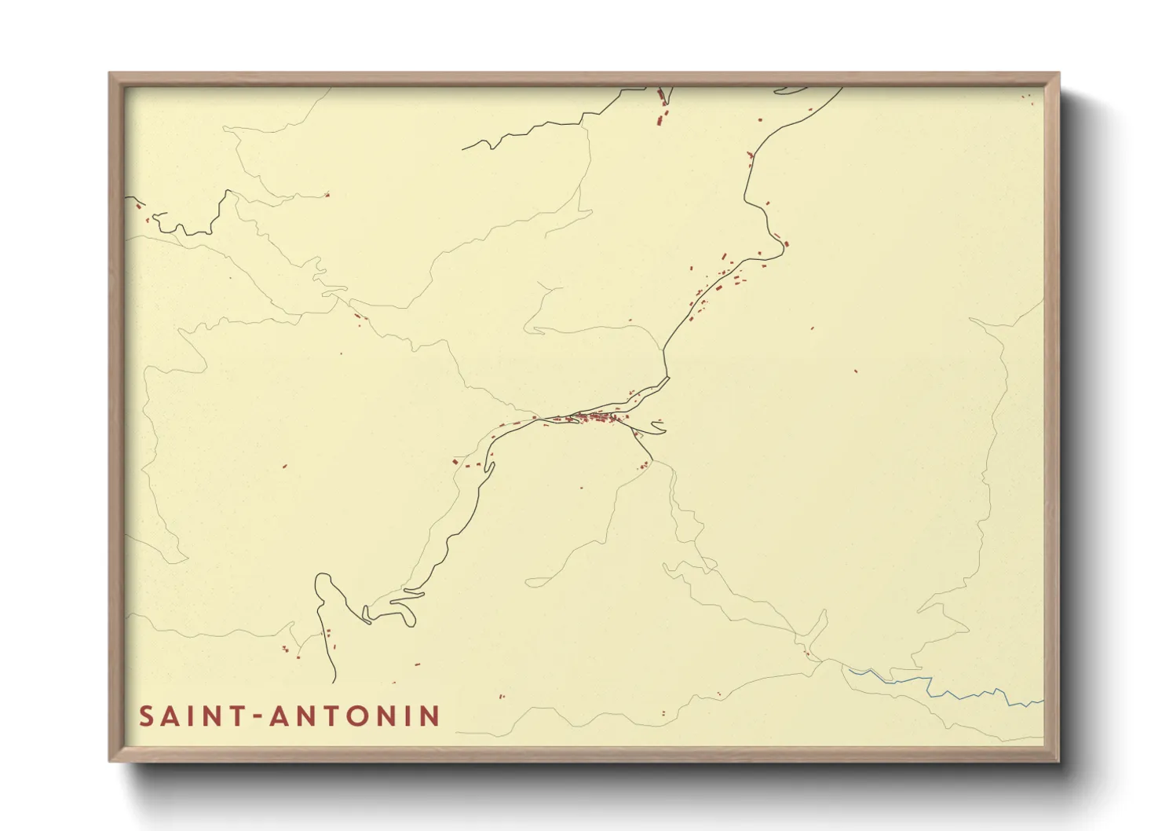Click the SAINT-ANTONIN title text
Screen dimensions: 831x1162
(289, 716)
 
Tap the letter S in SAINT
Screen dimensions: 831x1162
(146, 716)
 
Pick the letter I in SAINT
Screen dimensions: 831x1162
(193, 716)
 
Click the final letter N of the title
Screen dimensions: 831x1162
(429, 716)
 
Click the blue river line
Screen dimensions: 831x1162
(942, 688)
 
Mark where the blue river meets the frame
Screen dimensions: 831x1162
(1043, 701)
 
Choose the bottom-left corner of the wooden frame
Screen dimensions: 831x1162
(111, 760)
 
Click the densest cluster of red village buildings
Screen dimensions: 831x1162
(597, 417)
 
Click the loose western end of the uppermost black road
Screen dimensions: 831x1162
(463, 148)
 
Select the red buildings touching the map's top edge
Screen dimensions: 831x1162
(662, 97)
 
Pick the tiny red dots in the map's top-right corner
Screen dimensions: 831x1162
(1026, 97)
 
